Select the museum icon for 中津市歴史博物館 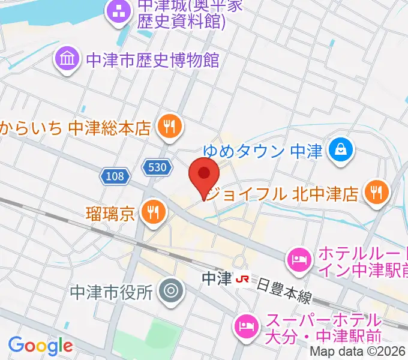click(67, 59)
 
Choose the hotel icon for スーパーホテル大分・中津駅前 click(245, 328)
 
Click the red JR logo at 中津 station click(243, 280)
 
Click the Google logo click(40, 345)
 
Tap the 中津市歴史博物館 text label click(153, 60)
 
